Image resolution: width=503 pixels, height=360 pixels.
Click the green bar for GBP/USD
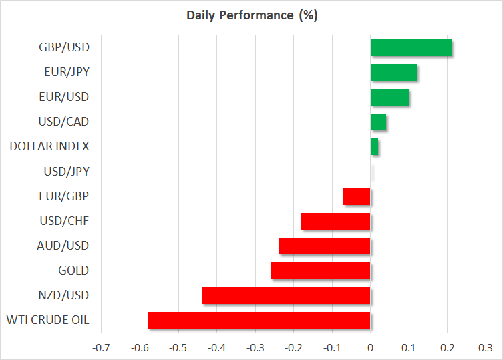pyautogui.click(x=411, y=47)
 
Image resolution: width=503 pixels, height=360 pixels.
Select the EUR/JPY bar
pyautogui.click(x=393, y=72)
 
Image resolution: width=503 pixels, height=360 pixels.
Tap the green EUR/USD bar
pyautogui.click(x=389, y=97)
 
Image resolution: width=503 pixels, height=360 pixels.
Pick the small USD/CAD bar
pyautogui.click(x=378, y=122)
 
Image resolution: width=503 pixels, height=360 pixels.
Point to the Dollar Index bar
pyautogui.click(x=374, y=146)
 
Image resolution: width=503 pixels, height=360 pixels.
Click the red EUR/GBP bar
pyautogui.click(x=357, y=196)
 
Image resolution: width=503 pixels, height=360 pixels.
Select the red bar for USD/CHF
pyautogui.click(x=335, y=221)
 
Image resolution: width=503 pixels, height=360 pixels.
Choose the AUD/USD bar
pyautogui.click(x=324, y=246)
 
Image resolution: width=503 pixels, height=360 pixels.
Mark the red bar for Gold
pyautogui.click(x=320, y=271)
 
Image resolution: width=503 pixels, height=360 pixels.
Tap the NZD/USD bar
pyautogui.click(x=286, y=295)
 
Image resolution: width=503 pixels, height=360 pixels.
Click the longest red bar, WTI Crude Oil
pyautogui.click(x=259, y=320)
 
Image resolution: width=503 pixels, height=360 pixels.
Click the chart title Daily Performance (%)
pyautogui.click(x=251, y=15)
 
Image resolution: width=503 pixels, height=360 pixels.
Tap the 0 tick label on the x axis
pyautogui.click(x=370, y=348)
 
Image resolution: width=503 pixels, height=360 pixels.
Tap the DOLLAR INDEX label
pyautogui.click(x=49, y=146)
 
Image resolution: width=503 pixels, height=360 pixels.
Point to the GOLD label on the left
pyautogui.click(x=73, y=271)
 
